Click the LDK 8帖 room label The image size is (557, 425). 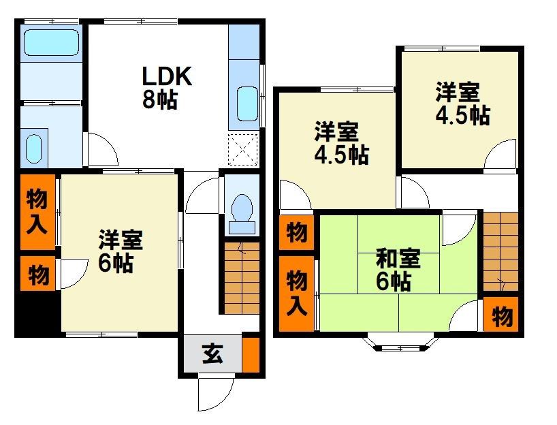point(167,87)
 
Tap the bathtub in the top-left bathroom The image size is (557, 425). point(51,43)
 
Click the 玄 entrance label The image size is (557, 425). point(212,353)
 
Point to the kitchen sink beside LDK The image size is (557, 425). point(247,104)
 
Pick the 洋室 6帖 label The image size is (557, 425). point(121,251)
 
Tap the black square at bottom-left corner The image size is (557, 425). point(37,313)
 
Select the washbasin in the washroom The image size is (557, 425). point(34,148)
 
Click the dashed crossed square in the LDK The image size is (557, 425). point(242,150)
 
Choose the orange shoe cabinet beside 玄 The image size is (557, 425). point(251,354)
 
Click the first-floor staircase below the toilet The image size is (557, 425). point(242,278)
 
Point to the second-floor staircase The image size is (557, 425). point(500,252)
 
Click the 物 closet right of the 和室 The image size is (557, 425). point(501,314)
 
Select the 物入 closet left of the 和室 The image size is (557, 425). point(297,293)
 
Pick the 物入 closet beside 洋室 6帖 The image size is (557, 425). point(37,212)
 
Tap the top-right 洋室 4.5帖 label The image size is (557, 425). point(463,104)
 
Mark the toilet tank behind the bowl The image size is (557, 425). point(242,227)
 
